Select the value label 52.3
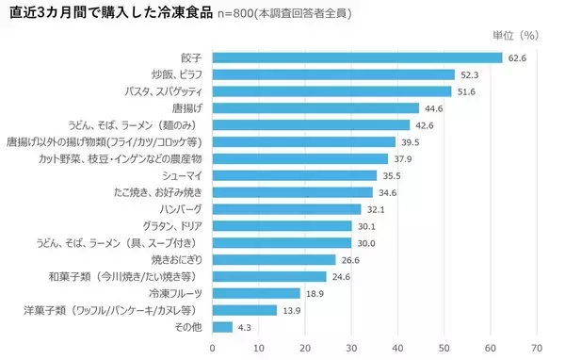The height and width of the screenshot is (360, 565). tap(470, 74)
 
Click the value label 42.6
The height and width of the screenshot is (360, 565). tap(425, 124)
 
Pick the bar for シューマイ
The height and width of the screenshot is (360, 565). tap(294, 175)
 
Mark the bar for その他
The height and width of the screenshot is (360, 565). tap(222, 327)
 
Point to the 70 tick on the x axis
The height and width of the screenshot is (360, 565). tap(537, 347)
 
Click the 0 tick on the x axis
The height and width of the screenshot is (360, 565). tap(213, 347)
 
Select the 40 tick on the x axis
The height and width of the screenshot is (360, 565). tap(397, 347)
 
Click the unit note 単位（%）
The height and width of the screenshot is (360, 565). tap(514, 35)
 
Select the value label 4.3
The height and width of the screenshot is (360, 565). tap(245, 327)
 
